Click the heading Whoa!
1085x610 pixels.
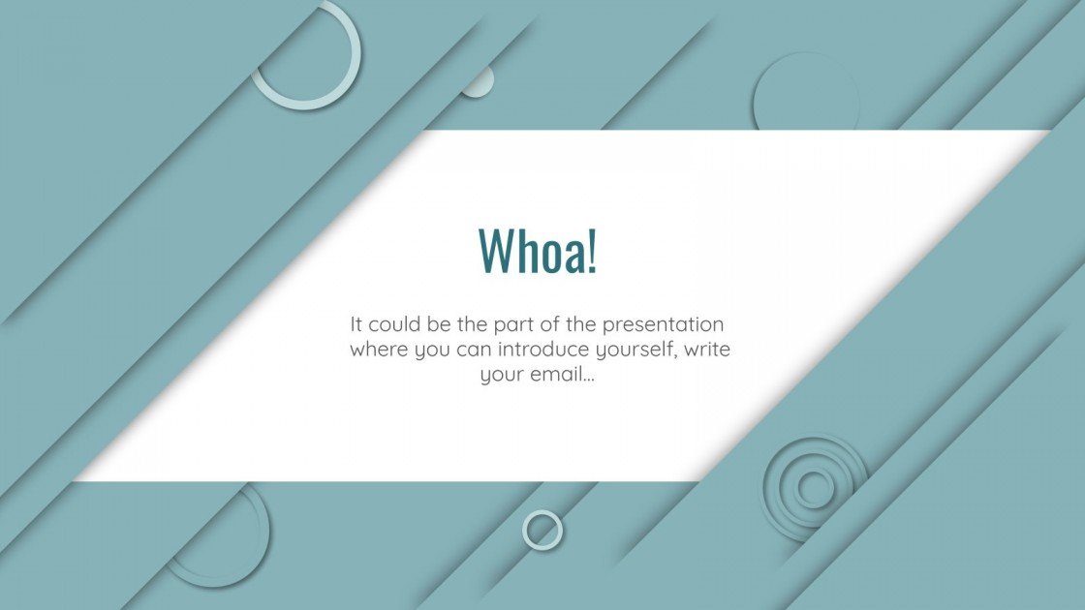(x=539, y=252)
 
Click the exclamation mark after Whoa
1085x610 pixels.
(x=592, y=252)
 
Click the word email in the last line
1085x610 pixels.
(x=560, y=374)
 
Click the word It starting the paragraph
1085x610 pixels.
(x=356, y=323)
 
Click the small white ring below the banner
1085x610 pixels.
(x=542, y=530)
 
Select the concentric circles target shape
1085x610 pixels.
(x=814, y=487)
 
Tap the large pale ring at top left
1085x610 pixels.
(x=307, y=56)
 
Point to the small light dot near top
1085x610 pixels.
(x=477, y=80)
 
